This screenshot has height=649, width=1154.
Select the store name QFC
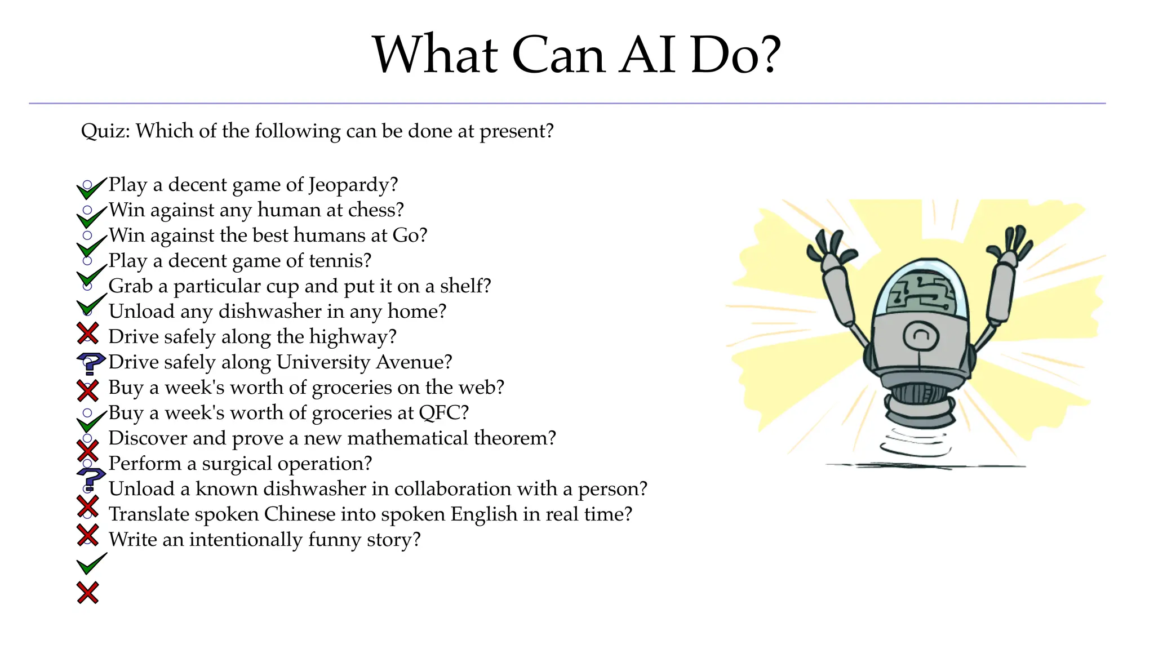442,412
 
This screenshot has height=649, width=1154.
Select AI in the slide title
647,55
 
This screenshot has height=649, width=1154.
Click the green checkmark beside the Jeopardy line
90,189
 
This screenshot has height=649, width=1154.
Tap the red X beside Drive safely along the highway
88,334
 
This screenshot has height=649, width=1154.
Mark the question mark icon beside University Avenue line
90,363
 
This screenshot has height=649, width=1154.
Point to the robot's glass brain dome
920,290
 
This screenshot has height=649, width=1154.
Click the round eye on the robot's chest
921,336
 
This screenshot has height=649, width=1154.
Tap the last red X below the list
88,593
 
